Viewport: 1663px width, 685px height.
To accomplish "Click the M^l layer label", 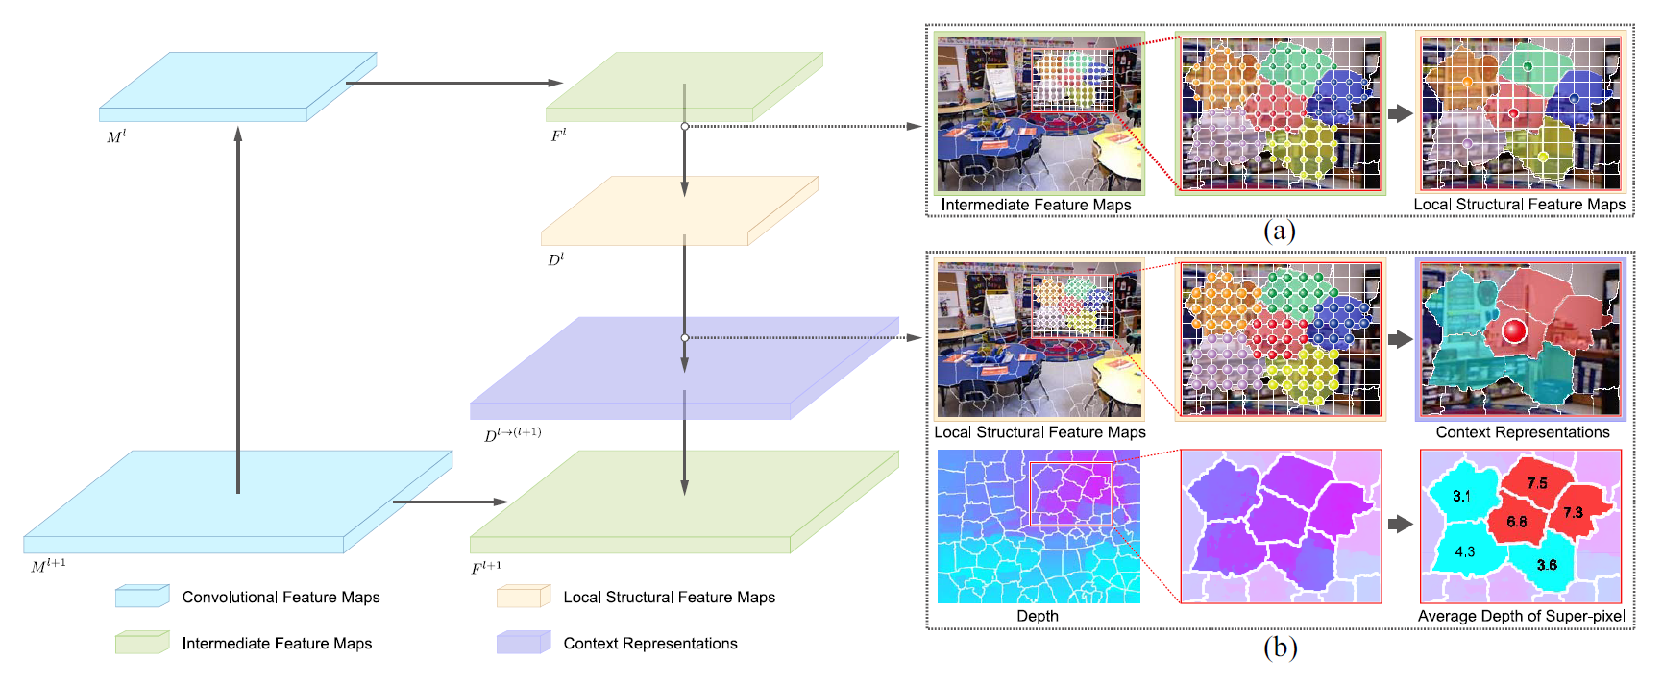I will pos(116,136).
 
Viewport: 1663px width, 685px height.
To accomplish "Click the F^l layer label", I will pos(558,135).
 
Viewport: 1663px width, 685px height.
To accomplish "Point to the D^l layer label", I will pos(555,259).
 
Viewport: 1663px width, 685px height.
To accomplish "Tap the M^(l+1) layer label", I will pos(48,566).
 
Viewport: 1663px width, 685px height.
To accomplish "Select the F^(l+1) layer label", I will pos(486,567).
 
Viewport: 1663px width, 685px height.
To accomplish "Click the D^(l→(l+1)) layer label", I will pos(513,434).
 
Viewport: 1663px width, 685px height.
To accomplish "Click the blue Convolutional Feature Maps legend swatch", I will pos(142,597).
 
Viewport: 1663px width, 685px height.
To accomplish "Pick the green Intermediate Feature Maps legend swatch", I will pos(142,643).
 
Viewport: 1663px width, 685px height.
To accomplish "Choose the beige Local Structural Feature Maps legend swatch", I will pos(524,597).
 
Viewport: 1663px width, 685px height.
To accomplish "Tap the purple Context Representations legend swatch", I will pos(524,643).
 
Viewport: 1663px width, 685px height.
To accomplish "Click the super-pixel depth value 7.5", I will pos(1537,483).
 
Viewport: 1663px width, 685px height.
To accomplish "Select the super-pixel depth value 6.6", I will pos(1516,522).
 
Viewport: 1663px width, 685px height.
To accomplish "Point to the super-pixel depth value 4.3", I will pos(1464,551).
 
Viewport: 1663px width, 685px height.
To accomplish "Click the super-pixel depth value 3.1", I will pos(1461,496).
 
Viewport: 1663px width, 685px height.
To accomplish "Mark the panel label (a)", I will pos(1280,231).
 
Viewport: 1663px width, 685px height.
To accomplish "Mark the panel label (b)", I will pos(1280,648).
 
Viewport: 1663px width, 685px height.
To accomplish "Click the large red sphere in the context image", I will pos(1514,331).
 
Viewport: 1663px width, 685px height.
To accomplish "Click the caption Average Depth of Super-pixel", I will pos(1521,616).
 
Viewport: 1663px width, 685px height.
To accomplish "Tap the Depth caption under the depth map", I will pos(1038,616).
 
